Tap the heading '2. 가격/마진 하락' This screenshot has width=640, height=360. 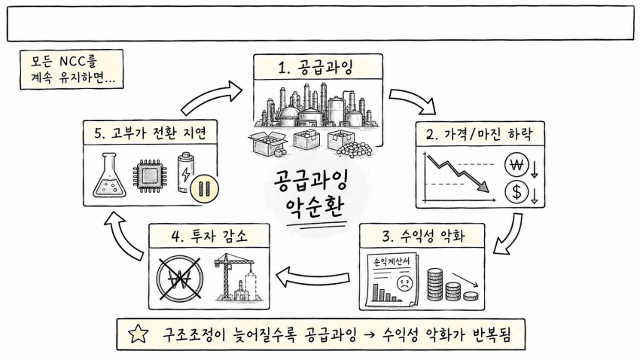click(479, 134)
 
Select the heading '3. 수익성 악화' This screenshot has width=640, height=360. click(424, 236)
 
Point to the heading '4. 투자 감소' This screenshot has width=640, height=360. click(209, 236)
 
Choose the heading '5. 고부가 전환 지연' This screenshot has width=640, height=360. click(150, 133)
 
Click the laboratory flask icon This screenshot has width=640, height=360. click(109, 175)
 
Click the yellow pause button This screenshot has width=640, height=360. click(204, 189)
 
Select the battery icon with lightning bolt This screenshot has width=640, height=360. click(186, 172)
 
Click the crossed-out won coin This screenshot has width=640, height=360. click(179, 279)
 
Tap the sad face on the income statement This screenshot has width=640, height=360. click(404, 282)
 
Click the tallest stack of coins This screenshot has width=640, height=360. click(434, 285)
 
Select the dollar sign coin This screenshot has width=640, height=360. click(517, 192)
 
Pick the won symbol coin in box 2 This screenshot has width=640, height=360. click(517, 165)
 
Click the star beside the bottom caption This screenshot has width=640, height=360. click(138, 334)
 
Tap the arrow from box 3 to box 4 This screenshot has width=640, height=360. click(313, 276)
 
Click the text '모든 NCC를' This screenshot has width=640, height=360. click(64, 61)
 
